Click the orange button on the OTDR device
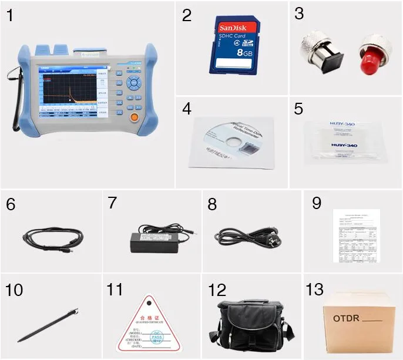click(x=134, y=116)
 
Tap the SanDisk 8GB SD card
click(x=235, y=45)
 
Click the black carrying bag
click(x=251, y=322)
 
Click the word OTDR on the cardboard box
click(x=345, y=319)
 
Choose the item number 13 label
click(x=315, y=290)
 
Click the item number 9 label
click(x=317, y=203)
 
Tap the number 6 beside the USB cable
click(x=11, y=204)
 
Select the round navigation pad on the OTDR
click(x=135, y=83)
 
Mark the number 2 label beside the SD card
click(x=187, y=15)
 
